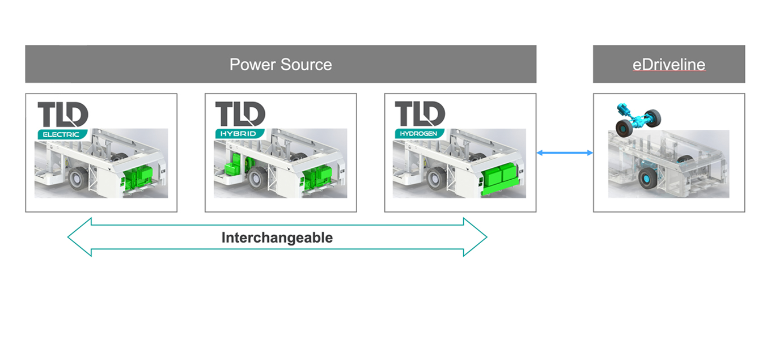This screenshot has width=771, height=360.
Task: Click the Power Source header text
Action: [x=281, y=64]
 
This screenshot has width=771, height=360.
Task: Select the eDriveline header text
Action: [x=668, y=64]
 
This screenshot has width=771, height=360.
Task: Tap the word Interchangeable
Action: [x=277, y=238]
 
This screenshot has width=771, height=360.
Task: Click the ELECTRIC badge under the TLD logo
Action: [x=62, y=134]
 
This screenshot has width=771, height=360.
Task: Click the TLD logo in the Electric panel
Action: [x=63, y=115]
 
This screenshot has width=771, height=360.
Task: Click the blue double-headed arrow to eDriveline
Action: [x=565, y=153]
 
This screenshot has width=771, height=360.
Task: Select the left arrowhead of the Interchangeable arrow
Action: [x=80, y=237]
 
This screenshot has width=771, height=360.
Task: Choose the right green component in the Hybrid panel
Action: [x=315, y=178]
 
